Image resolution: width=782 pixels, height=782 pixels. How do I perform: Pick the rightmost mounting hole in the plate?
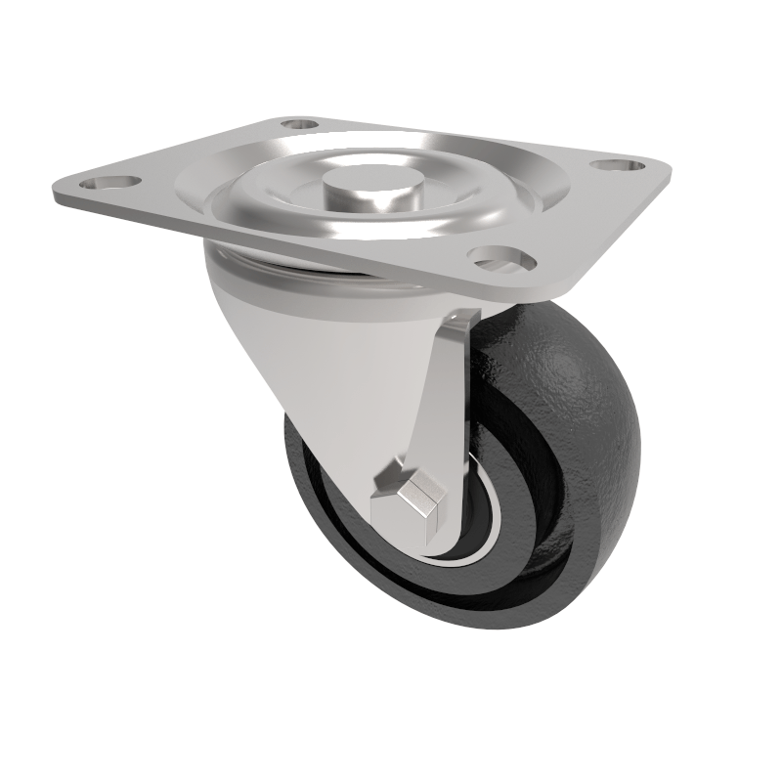coord(615,166)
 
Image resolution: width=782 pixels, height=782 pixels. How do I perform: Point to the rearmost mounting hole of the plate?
coord(300,124)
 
